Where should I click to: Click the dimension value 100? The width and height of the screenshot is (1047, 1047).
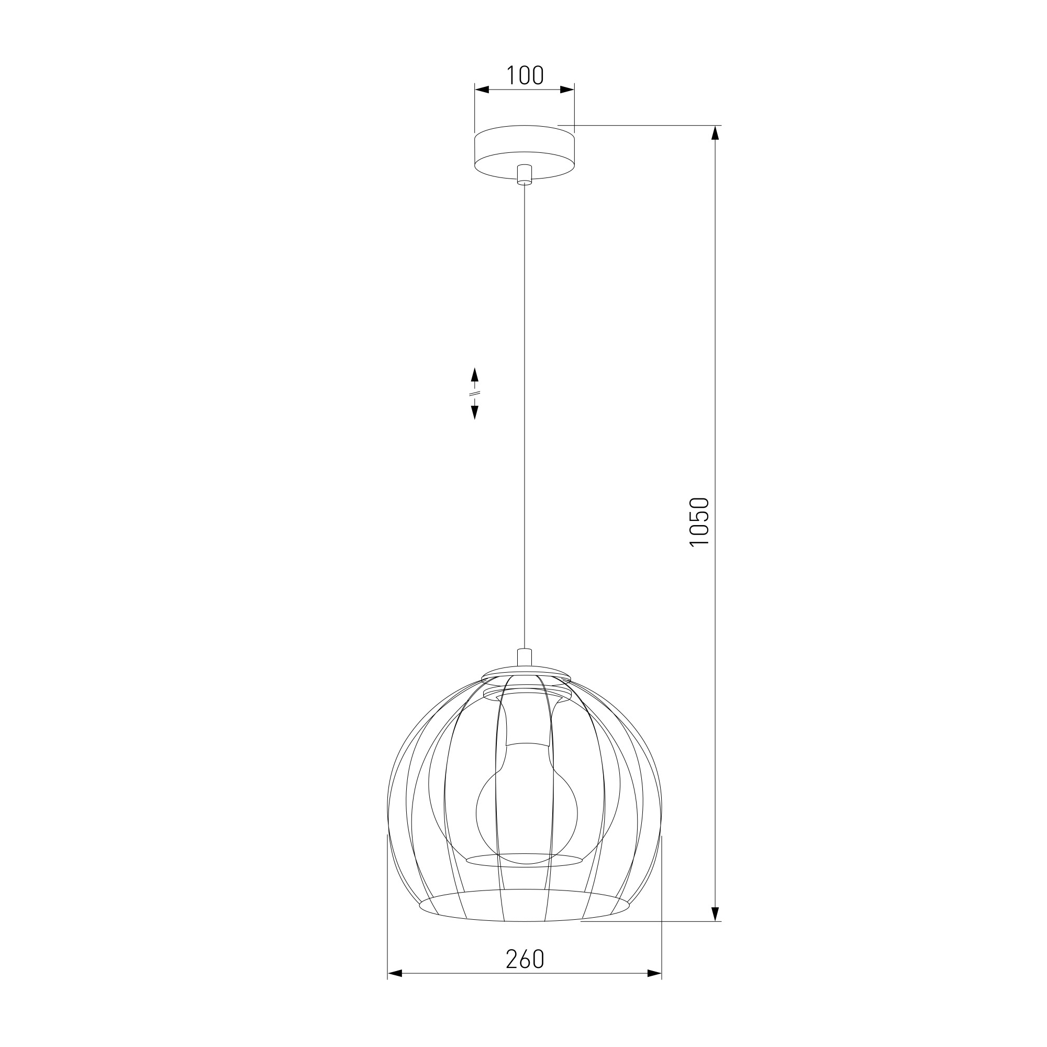click(x=525, y=75)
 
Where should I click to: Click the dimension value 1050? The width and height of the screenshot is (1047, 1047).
click(x=699, y=521)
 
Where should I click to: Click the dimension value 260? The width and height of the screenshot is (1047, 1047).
click(x=525, y=959)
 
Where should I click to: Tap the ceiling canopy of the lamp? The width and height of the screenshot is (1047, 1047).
click(x=524, y=152)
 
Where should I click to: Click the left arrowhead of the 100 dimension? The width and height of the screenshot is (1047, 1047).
click(x=482, y=90)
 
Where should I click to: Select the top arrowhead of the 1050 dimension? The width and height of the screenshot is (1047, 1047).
click(x=716, y=133)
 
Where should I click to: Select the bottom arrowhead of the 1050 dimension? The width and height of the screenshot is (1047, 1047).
click(x=716, y=914)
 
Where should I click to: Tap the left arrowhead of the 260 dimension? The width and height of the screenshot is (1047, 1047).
click(x=395, y=974)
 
